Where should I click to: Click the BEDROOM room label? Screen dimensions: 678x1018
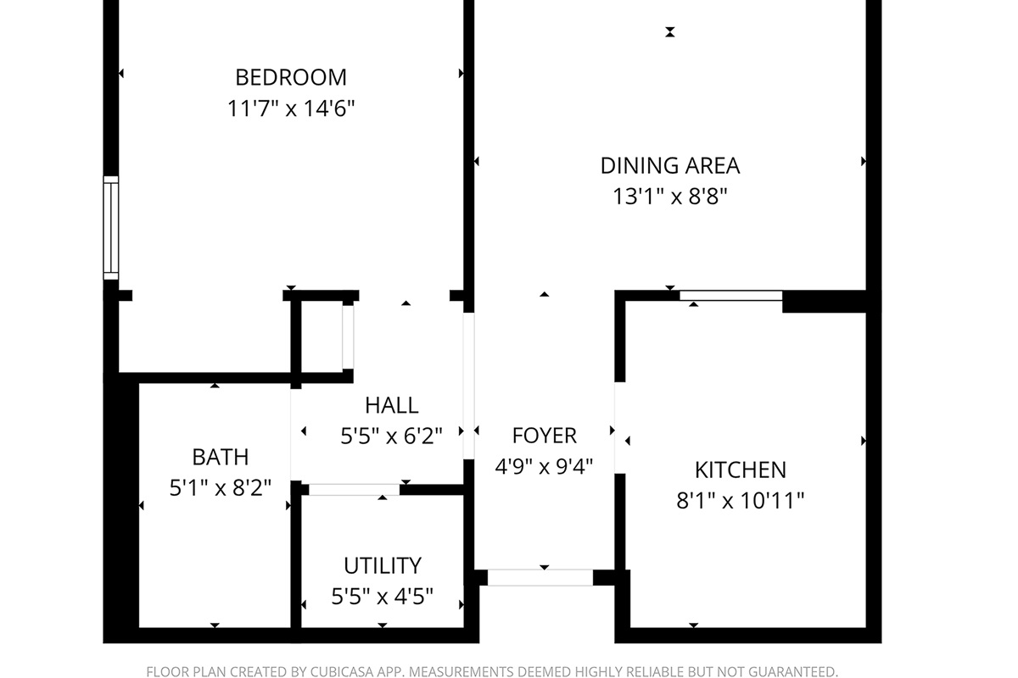click(291, 77)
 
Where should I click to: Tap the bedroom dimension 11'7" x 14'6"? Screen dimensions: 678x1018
click(291, 108)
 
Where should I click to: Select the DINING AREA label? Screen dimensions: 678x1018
click(670, 165)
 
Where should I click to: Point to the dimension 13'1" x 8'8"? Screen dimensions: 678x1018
click(670, 197)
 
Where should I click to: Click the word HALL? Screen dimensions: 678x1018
click(391, 405)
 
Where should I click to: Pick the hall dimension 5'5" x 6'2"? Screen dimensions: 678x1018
click(391, 436)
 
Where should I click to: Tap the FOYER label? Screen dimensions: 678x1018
click(544, 436)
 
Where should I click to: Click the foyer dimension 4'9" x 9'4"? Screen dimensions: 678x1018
click(544, 466)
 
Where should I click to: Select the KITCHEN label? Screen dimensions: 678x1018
click(740, 470)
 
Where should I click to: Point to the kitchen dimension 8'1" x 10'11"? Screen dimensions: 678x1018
click(740, 501)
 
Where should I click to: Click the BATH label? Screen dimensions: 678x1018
click(221, 457)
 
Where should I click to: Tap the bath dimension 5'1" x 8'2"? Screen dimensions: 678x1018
click(221, 488)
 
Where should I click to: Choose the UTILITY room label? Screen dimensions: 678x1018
click(382, 565)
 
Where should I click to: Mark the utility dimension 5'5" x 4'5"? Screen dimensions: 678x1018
click(382, 597)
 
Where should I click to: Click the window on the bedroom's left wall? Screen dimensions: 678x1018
click(110, 227)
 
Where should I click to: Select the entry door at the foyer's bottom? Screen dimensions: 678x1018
click(540, 578)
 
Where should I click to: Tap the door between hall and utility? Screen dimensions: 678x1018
click(354, 490)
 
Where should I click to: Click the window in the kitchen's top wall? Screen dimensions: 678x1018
click(730, 296)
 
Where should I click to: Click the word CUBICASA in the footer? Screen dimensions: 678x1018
click(333, 671)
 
